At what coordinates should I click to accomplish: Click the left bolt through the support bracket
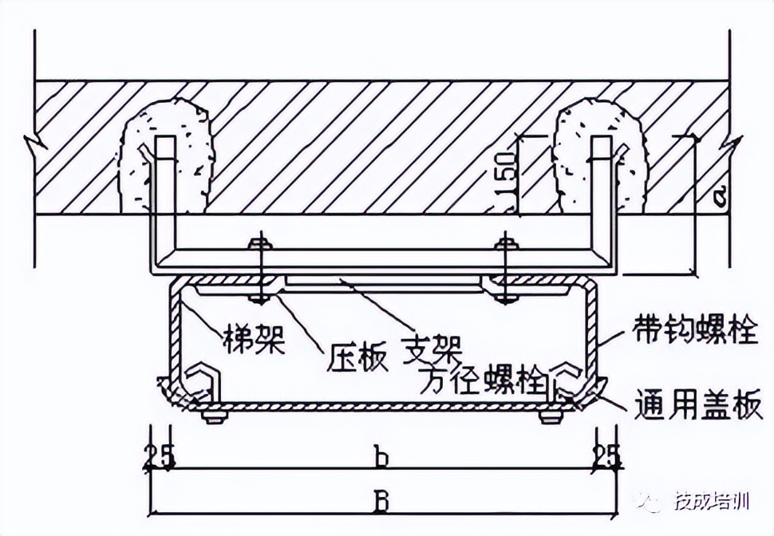click(x=259, y=271)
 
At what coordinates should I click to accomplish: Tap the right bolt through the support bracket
click(x=503, y=271)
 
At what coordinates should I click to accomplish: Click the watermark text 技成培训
click(x=711, y=502)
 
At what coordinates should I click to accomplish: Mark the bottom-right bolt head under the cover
click(x=548, y=416)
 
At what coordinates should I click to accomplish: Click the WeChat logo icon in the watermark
click(x=650, y=502)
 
